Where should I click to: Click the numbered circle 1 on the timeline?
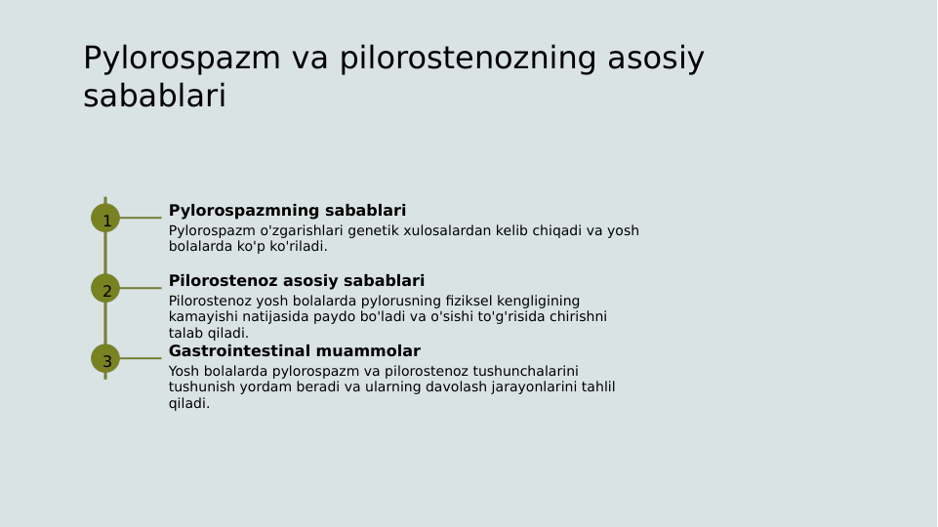[105, 218]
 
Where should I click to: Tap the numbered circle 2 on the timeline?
[105, 288]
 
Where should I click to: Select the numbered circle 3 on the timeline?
[105, 358]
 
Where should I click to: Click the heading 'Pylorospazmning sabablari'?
[287, 211]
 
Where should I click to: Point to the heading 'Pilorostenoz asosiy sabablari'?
[297, 281]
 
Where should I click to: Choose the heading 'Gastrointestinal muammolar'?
[294, 351]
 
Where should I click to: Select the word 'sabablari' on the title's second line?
[154, 97]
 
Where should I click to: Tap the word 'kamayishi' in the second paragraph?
[201, 317]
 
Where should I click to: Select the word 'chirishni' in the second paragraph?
[577, 317]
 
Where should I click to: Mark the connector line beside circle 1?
[141, 218]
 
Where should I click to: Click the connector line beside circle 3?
[141, 358]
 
